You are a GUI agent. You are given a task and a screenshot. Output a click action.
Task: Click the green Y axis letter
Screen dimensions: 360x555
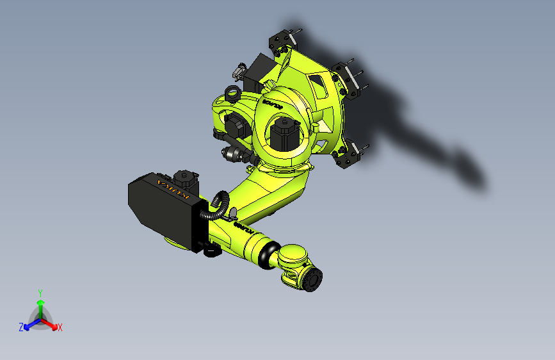40,292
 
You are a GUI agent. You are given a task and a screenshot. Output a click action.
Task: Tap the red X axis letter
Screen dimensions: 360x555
60,328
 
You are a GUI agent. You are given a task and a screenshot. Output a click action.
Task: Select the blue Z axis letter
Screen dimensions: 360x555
21,327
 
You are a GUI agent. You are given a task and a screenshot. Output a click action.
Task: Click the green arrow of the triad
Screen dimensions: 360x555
40,304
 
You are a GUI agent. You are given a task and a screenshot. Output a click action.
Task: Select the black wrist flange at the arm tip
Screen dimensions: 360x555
314,281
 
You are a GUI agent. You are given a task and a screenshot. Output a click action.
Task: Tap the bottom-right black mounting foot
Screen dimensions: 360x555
347,156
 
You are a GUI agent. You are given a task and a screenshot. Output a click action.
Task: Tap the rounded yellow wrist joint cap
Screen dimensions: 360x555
295,256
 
